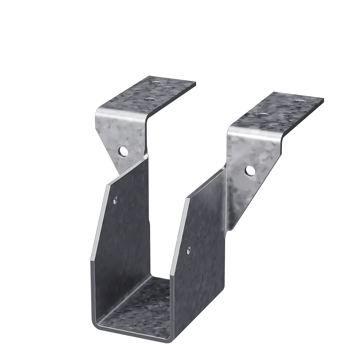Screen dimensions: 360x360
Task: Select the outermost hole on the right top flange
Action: coord(300,102)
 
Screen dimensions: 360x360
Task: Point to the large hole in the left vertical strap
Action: coord(122,152)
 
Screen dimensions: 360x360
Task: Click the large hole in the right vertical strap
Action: coord(250,171)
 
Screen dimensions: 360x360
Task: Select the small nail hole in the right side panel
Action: coord(188,250)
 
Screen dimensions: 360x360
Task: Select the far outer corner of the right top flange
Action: coord(324,99)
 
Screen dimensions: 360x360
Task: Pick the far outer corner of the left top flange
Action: coord(195,82)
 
